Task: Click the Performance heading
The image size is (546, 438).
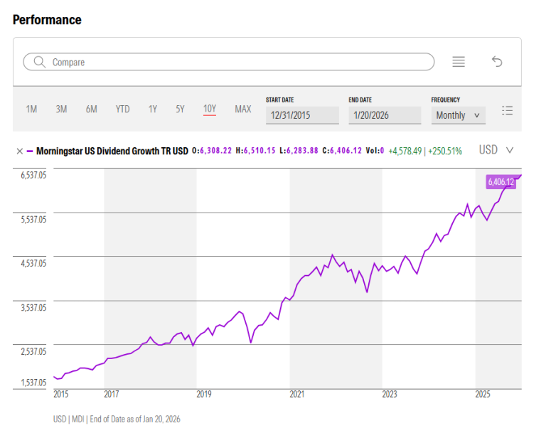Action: pyautogui.click(x=47, y=20)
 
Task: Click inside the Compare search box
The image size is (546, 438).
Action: pyautogui.click(x=227, y=62)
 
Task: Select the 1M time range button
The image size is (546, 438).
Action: pyautogui.click(x=31, y=109)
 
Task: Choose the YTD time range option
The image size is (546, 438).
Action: pyautogui.click(x=122, y=109)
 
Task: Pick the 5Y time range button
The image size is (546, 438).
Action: pyautogui.click(x=180, y=109)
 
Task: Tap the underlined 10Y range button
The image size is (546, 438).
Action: pyautogui.click(x=210, y=109)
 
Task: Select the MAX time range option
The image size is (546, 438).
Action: pyautogui.click(x=243, y=109)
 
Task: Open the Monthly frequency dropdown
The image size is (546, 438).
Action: pyautogui.click(x=457, y=115)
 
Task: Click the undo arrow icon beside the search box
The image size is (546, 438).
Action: pyautogui.click(x=497, y=62)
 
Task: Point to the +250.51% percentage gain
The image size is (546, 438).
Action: pyautogui.click(x=444, y=151)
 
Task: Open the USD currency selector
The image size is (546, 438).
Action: pyautogui.click(x=496, y=150)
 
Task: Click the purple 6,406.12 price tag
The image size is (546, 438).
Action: pyautogui.click(x=500, y=182)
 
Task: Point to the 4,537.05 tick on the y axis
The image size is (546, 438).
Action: pyautogui.click(x=33, y=264)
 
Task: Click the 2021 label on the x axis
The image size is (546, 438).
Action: pyautogui.click(x=296, y=394)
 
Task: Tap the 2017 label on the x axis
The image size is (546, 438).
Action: pyautogui.click(x=112, y=394)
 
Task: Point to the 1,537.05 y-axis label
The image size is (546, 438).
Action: pyautogui.click(x=33, y=383)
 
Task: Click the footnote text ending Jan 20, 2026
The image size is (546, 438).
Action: pyautogui.click(x=117, y=420)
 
